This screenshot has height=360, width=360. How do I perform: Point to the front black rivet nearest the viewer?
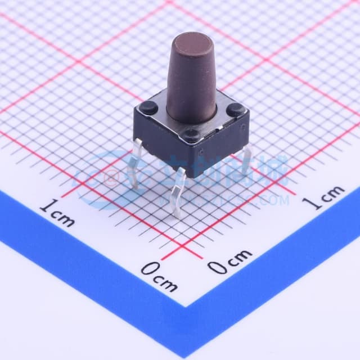(x=192, y=134)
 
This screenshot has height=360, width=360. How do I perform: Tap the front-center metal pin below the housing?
(x=177, y=194)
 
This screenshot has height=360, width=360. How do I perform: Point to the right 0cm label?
(x=231, y=260)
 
